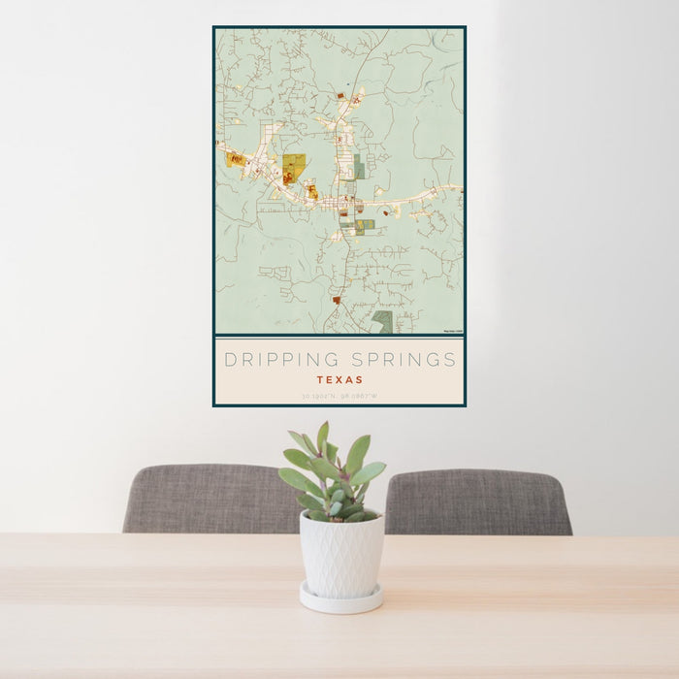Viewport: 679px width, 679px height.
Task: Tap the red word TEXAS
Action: click(339, 380)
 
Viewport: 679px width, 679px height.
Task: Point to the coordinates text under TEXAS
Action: click(339, 396)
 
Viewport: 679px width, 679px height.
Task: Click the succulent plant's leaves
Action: click(332, 475)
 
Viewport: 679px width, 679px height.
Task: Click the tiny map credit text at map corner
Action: click(453, 332)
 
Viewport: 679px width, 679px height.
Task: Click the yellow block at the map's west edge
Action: click(236, 159)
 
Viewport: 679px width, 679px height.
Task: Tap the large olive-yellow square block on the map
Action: click(294, 163)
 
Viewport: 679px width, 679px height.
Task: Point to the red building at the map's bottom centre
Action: click(337, 300)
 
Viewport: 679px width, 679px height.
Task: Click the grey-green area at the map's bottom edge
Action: click(383, 320)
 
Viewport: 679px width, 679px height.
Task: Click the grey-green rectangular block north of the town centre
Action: click(359, 169)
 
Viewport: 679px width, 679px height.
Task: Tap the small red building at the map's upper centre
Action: click(340, 96)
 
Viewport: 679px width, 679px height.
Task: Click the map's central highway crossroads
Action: click(342, 205)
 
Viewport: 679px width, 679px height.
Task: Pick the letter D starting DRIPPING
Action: click(230, 360)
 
